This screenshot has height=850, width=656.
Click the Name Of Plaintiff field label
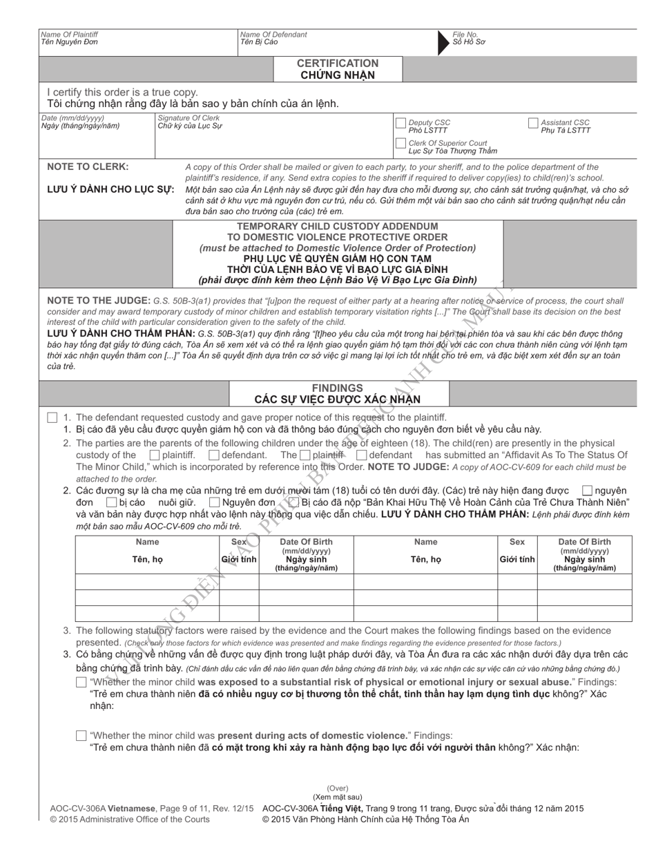coord(69,34)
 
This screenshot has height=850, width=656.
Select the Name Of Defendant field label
coord(273,34)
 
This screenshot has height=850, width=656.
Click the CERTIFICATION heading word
coord(338,63)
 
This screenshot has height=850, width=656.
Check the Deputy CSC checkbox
coord(400,124)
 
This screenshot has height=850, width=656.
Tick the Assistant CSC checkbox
coord(532,123)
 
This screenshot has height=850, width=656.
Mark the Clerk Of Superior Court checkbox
coord(400,143)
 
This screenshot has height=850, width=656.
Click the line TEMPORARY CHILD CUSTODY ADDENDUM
coord(337,226)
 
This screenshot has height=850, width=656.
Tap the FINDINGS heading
coord(337,388)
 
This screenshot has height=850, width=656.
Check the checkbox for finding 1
coord(52,417)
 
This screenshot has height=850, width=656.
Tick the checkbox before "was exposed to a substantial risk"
coord(81,682)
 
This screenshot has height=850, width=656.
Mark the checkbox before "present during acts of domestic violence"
coord(81,735)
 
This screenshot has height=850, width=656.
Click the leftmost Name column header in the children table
coord(146,542)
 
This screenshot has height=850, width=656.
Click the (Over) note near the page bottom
coord(337,787)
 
